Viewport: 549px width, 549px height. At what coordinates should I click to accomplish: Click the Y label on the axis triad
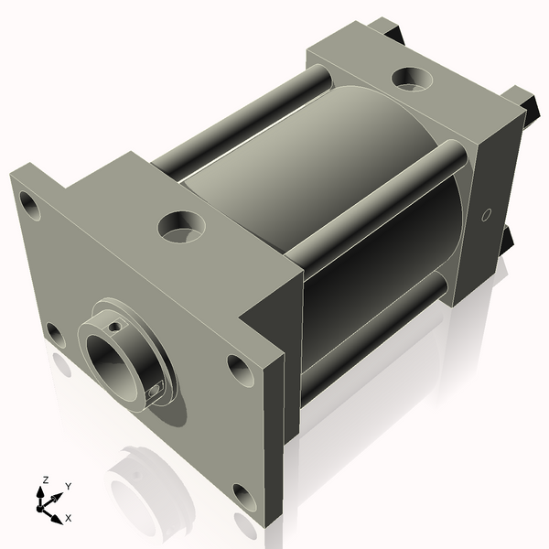pos(69,486)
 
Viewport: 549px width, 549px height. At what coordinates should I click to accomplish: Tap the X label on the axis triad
pos(68,518)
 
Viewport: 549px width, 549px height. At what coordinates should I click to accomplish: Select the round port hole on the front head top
pos(180,224)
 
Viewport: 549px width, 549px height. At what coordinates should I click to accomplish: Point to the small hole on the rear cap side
pos(487,215)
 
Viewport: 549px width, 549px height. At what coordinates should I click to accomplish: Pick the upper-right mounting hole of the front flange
pos(239,369)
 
